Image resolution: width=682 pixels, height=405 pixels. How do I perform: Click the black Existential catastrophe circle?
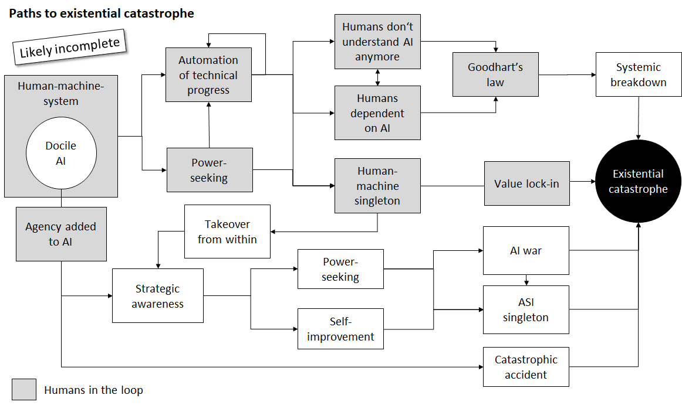point(638,182)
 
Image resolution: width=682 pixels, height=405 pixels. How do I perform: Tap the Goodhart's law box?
point(495,74)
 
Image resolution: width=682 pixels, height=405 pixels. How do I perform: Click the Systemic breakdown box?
point(639,74)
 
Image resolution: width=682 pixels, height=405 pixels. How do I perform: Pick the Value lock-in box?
point(526,183)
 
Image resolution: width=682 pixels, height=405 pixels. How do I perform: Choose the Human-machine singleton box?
point(377,186)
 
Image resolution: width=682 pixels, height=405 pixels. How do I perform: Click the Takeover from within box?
point(227,232)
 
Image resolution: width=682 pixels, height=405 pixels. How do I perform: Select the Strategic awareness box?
point(157,296)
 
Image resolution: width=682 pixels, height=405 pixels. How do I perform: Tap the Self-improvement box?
point(340,329)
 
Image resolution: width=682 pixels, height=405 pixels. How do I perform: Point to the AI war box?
point(526,250)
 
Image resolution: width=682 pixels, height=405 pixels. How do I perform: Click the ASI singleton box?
point(526,310)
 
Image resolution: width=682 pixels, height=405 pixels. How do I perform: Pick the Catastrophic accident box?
point(526,367)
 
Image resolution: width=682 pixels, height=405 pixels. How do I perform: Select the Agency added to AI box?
point(61,234)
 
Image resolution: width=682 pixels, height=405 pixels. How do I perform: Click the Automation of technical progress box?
point(208,75)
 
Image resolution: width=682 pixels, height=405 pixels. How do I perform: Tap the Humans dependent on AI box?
point(377,113)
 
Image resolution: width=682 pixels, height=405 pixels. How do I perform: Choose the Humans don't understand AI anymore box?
point(377,42)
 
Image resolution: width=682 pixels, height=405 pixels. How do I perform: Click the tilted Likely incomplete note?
point(70,47)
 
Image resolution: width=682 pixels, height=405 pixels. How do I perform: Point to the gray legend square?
point(23,390)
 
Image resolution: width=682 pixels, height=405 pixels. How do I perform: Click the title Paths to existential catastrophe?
point(101,13)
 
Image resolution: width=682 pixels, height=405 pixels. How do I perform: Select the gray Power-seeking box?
point(210,170)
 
